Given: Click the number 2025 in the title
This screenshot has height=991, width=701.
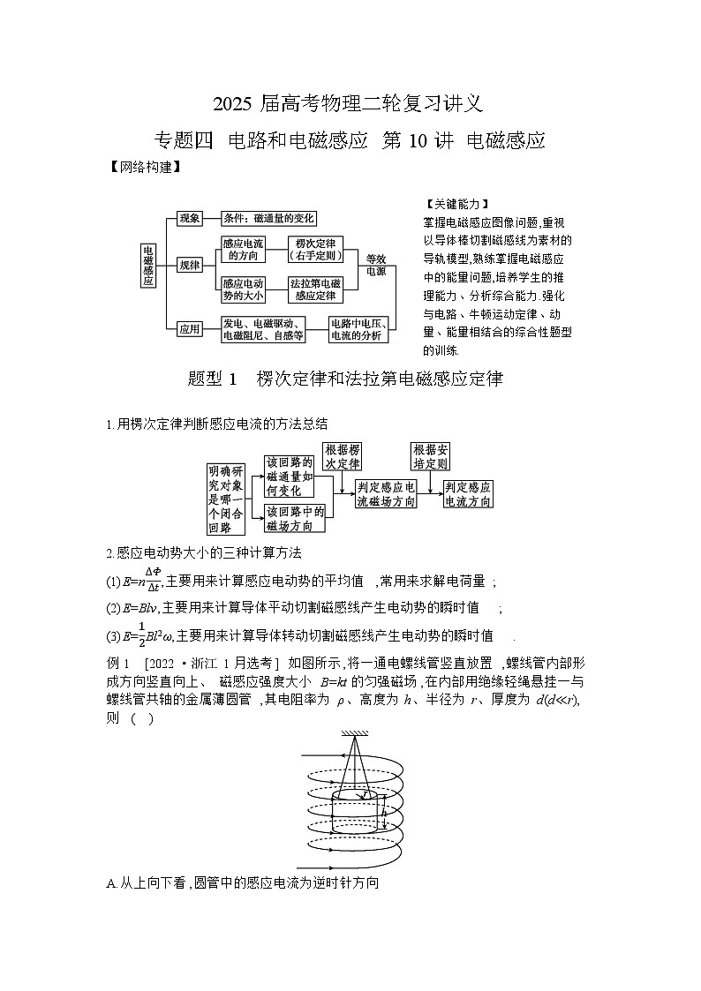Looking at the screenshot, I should (232, 104).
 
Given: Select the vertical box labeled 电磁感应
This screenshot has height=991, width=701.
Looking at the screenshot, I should (148, 266).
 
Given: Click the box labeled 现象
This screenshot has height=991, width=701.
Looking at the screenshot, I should (190, 218).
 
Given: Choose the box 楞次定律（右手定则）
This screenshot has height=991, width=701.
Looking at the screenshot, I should (315, 249).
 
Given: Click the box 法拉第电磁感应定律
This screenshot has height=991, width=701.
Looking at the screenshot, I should (315, 289).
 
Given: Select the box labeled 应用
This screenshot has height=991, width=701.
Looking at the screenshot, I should (190, 329).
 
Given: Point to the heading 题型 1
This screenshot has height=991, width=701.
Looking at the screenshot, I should (214, 379).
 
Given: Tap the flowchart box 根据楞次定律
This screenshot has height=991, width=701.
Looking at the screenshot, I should (343, 456).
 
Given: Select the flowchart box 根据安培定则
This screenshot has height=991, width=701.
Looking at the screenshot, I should (430, 456).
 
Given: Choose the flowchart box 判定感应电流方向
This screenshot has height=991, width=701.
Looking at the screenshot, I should (468, 494).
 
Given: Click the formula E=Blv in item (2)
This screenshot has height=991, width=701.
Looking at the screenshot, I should (130, 607).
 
